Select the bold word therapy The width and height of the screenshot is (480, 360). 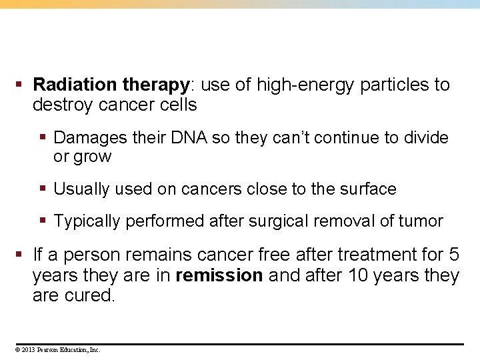coord(156,85)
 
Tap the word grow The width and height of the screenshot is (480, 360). coord(93,157)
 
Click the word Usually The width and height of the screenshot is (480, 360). coord(81,189)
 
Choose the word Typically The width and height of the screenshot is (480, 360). coord(87,221)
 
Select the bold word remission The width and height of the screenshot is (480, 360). coord(219,276)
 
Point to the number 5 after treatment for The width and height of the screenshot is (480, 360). coord(453,255)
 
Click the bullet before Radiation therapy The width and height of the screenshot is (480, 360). coord(19,85)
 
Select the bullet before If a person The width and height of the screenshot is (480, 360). coord(19,255)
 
